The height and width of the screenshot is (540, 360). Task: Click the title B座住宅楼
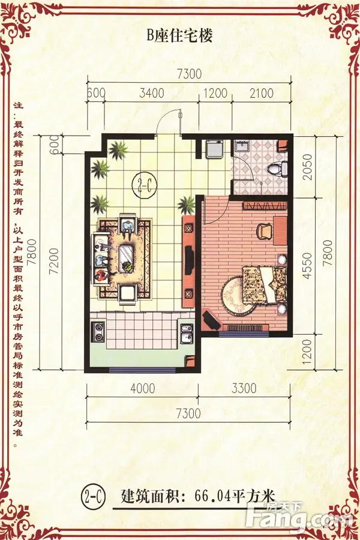(x=179, y=35)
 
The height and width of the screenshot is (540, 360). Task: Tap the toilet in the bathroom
(x=277, y=169)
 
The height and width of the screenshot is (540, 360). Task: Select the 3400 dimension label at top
(x=152, y=94)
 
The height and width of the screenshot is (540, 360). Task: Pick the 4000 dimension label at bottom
(x=143, y=388)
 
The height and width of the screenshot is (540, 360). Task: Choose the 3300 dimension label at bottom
(x=244, y=388)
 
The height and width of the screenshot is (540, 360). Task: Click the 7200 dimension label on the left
(x=54, y=262)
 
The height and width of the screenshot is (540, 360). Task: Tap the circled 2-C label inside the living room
(x=145, y=185)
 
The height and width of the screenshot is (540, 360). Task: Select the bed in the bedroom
(x=265, y=285)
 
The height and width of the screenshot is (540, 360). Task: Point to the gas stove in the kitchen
(x=98, y=332)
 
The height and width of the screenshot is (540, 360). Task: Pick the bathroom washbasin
(x=243, y=146)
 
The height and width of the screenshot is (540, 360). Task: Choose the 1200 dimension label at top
(x=215, y=94)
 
